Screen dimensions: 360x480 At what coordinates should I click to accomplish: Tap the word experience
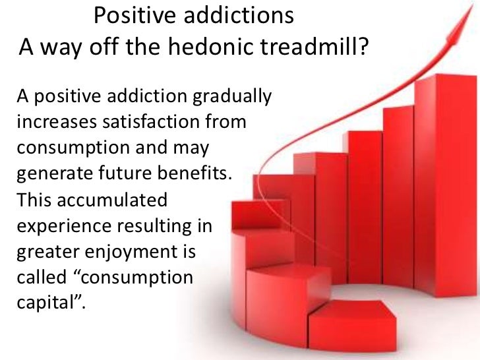(x=62, y=225)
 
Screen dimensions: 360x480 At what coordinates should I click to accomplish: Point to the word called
(x=39, y=278)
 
